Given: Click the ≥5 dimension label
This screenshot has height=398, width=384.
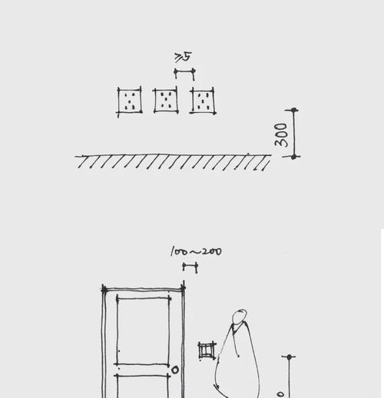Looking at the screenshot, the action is [x=183, y=57].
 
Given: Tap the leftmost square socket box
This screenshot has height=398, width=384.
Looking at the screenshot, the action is [x=130, y=101].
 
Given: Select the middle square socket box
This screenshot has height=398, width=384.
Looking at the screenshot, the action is [x=166, y=101].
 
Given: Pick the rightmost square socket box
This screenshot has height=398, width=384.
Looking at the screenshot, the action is [x=203, y=101].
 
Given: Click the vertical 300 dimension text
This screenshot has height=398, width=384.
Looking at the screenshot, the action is [x=281, y=135].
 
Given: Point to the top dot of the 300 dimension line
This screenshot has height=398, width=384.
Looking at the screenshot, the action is [x=294, y=110].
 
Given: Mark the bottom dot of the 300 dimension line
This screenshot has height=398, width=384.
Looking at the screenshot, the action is [x=294, y=157].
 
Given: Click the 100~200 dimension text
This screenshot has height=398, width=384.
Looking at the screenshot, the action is [x=196, y=251].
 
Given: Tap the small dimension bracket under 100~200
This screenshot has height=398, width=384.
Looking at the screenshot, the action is [x=190, y=267].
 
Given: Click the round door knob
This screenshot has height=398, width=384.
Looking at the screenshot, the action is [x=175, y=370].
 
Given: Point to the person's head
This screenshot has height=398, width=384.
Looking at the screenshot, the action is [x=240, y=317].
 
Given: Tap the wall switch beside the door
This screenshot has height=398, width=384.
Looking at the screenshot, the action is [x=207, y=350].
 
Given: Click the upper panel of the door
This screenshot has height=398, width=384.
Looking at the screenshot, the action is [x=144, y=331].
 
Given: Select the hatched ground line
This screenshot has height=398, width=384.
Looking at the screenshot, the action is [x=173, y=161].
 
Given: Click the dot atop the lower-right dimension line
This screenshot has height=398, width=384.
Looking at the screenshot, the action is [x=290, y=357].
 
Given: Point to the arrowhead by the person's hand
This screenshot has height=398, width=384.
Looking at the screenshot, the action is [x=217, y=386].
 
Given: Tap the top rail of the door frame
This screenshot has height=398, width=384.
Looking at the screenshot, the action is [x=144, y=290].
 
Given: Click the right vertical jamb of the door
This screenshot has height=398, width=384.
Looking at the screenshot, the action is [x=184, y=340].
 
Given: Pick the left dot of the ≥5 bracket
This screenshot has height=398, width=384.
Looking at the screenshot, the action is [x=176, y=71].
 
